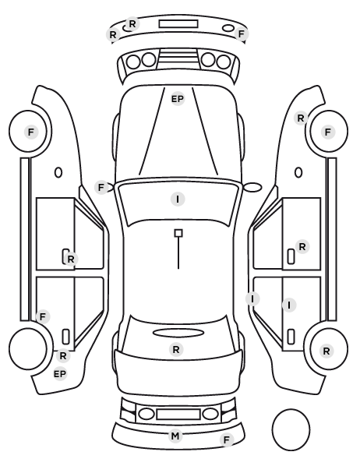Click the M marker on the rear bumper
[175, 436]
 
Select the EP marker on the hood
[178, 99]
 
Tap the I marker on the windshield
[178, 199]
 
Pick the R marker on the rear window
[176, 349]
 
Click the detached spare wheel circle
[291, 429]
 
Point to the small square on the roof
[178, 233]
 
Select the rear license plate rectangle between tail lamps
[178, 415]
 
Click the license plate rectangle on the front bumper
[178, 24]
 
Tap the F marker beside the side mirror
[101, 188]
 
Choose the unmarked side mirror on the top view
[252, 187]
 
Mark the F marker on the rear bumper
[227, 440]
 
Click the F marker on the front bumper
[241, 34]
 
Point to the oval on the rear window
[178, 333]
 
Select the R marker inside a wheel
[326, 351]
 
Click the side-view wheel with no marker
[27, 349]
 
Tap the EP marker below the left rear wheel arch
[60, 374]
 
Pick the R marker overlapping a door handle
[70, 259]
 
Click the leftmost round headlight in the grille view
[133, 62]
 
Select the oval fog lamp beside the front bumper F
[228, 28]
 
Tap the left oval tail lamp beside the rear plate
[146, 414]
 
